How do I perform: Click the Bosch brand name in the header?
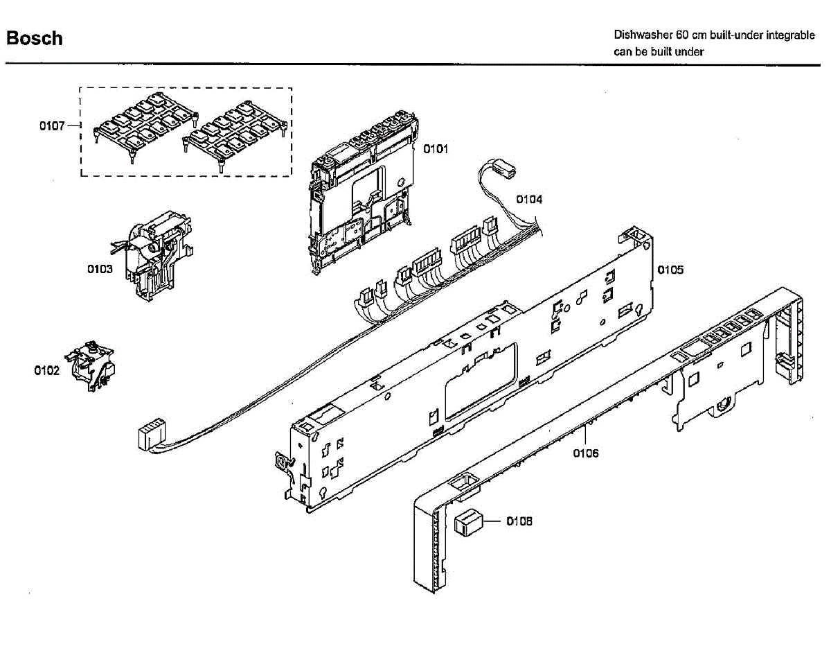34,38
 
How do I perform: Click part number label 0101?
436,148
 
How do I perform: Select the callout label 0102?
46,370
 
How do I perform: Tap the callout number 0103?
100,269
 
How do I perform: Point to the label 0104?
529,200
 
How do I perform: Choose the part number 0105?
670,269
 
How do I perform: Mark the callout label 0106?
586,453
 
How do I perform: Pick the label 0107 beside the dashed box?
52,126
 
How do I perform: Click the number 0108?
519,521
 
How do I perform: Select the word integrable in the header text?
790,35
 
